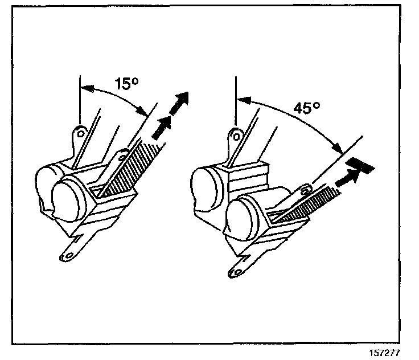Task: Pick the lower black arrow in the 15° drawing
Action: pyautogui.click(x=162, y=125)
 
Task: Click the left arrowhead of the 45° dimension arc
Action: pyautogui.click(x=242, y=100)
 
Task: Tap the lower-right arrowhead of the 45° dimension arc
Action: pyautogui.click(x=338, y=150)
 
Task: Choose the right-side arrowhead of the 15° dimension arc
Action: pyautogui.click(x=139, y=110)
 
